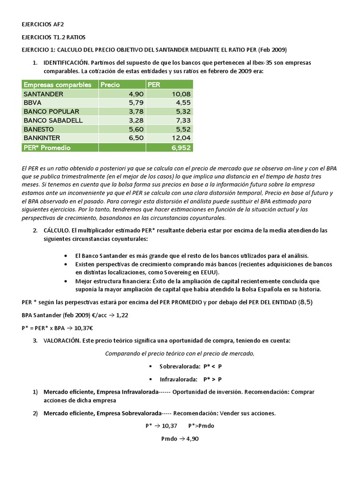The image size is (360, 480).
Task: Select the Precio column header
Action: [110, 85]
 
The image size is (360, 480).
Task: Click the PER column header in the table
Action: [154, 85]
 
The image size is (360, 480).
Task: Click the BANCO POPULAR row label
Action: [51, 112]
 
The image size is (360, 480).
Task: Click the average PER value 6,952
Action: [180, 147]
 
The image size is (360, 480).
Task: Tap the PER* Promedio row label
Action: [47, 147]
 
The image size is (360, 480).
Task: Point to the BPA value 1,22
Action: [122, 316]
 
